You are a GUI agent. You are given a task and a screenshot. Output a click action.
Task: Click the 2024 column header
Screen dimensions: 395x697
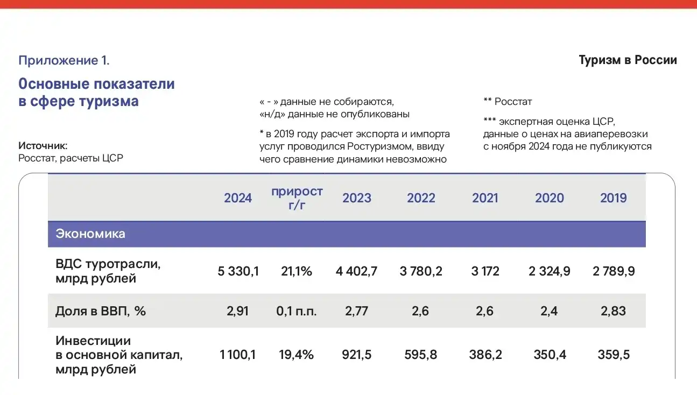coord(238,198)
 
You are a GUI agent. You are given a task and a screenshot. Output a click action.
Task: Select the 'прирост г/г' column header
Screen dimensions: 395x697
coord(297,198)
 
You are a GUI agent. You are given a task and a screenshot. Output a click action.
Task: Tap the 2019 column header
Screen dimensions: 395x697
coord(614,198)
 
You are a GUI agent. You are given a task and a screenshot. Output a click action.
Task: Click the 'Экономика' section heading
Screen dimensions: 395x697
coord(90,234)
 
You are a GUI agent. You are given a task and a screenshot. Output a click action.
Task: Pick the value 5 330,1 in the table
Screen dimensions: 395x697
coord(238,271)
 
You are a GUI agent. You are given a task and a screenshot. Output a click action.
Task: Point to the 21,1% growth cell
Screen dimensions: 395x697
coord(297,271)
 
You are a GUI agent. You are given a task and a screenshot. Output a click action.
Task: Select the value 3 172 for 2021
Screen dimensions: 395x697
coord(485,271)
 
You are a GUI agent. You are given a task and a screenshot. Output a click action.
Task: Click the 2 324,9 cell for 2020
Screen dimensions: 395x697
coord(550,271)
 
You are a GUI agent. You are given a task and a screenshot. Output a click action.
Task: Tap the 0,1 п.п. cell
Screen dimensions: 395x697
coord(297,311)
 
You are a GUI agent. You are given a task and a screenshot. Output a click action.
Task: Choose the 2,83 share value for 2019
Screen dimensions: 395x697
coord(614,311)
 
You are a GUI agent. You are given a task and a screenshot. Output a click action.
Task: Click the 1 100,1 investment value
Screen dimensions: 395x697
coord(238,355)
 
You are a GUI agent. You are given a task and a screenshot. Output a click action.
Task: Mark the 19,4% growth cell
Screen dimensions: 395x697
coord(297,355)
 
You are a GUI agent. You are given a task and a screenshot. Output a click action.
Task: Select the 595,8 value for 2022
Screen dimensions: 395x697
coord(421,355)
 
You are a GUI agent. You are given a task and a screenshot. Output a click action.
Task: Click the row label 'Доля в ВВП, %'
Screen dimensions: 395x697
coord(101,311)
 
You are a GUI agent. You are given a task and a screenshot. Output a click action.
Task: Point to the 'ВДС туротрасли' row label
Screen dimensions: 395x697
coord(108,264)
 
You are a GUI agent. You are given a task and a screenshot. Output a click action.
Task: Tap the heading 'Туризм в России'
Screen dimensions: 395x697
coord(628,60)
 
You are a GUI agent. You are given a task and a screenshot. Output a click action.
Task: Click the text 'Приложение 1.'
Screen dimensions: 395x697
coord(64,60)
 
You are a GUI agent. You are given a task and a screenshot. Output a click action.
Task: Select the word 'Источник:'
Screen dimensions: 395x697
coord(43,146)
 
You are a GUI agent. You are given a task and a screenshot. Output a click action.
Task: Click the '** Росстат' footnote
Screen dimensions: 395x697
coord(508,102)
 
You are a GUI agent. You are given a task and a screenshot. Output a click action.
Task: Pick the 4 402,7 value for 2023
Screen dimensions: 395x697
coord(357,271)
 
